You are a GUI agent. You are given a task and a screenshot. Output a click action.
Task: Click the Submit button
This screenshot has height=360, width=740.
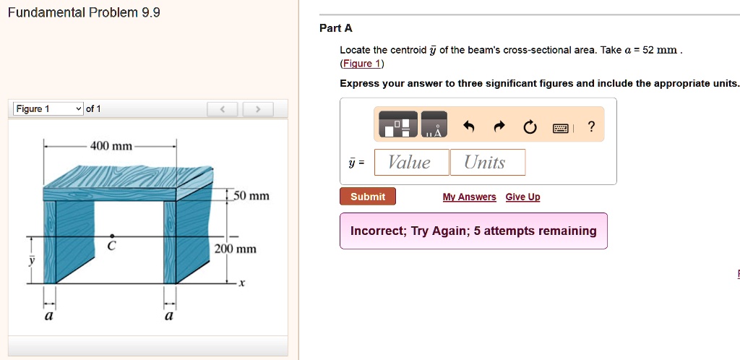(x=368, y=197)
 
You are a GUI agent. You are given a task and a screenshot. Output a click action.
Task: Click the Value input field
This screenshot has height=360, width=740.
(x=410, y=163)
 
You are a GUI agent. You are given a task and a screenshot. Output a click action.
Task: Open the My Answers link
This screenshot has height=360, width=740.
(x=469, y=197)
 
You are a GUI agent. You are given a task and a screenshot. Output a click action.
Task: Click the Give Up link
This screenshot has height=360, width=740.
(x=522, y=197)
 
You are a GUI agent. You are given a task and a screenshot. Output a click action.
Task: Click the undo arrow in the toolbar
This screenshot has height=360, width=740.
(x=469, y=128)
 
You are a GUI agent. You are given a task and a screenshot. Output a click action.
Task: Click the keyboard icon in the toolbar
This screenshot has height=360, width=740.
(x=561, y=129)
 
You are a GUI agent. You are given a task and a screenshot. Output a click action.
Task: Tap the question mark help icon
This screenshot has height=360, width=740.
(x=591, y=128)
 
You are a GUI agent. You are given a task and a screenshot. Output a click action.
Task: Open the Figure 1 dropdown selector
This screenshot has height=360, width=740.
(x=48, y=109)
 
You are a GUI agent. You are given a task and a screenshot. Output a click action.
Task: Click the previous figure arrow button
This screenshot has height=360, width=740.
(x=224, y=109)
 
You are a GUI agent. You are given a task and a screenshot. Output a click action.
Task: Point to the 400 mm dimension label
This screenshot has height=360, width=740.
(x=111, y=146)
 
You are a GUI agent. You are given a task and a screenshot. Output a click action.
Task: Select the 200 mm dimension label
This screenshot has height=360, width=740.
(x=236, y=249)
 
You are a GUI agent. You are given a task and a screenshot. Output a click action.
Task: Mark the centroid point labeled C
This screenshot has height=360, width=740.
(x=111, y=236)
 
